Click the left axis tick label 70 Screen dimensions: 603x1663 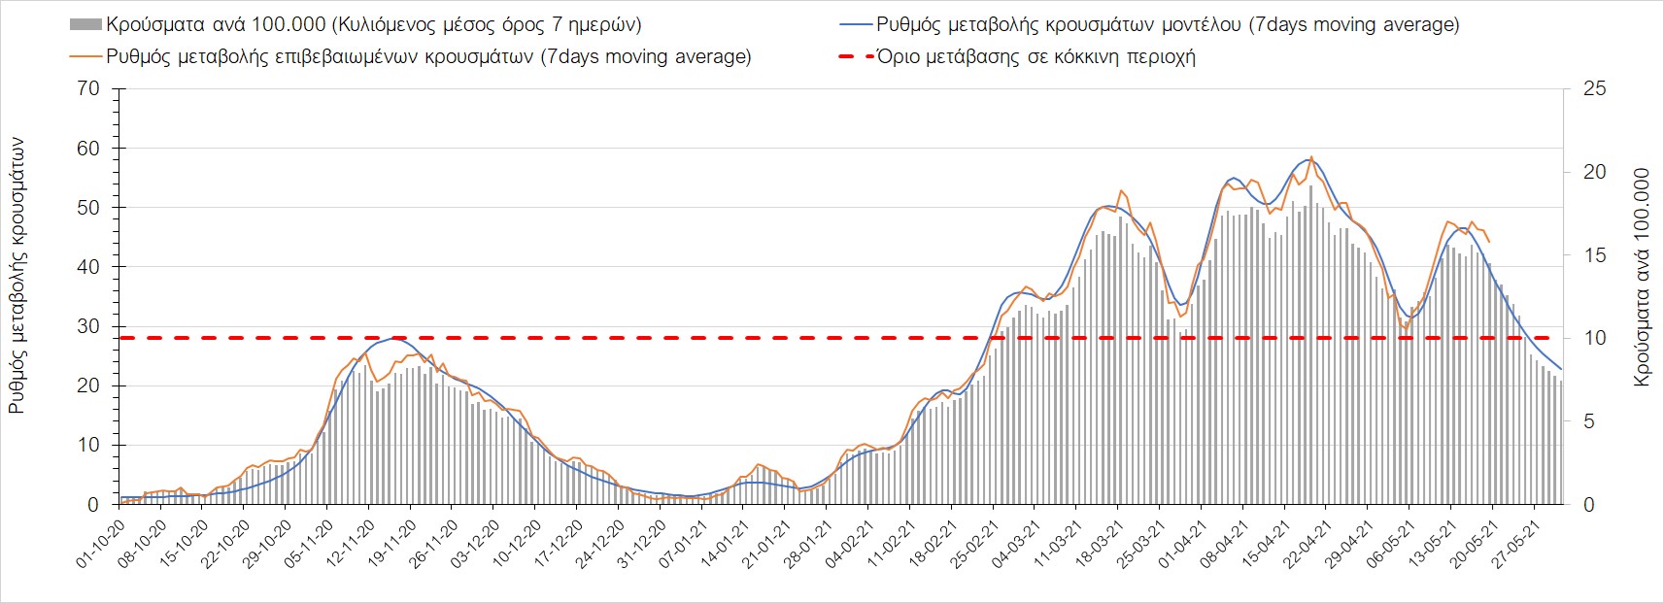[x=88, y=89]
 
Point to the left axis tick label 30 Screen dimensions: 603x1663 [x=88, y=326]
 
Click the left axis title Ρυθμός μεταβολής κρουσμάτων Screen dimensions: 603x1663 [x=17, y=276]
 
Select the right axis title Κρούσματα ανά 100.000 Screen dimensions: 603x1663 [x=1642, y=278]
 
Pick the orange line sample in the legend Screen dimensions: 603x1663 [x=85, y=56]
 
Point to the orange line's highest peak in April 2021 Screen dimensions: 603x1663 [x=1311, y=156]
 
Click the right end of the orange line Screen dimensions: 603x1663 [x=1490, y=242]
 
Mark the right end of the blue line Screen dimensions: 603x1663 [x=1561, y=369]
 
